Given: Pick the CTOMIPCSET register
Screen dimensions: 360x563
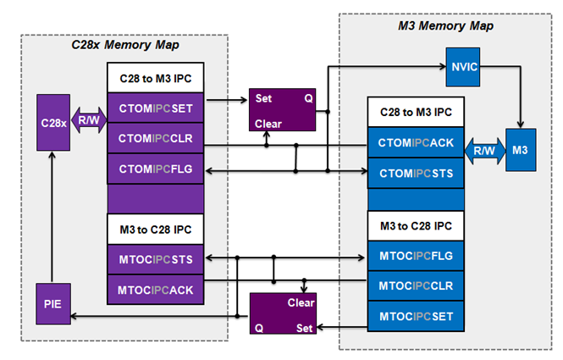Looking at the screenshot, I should pyautogui.click(x=156, y=108).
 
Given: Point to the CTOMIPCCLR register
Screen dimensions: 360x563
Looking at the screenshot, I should pyautogui.click(x=156, y=138).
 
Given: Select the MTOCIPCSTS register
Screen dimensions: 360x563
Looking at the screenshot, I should pyautogui.click(x=156, y=258).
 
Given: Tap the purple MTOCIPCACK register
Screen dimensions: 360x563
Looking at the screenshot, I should pyautogui.click(x=156, y=289).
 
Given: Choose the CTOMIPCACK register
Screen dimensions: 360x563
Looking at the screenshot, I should pyautogui.click(x=417, y=143).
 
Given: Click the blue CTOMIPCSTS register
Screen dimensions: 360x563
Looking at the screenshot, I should pyautogui.click(x=417, y=173).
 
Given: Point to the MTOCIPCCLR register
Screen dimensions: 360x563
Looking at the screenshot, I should pyautogui.click(x=417, y=285).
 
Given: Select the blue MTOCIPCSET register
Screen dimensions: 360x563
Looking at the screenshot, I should pyautogui.click(x=417, y=316).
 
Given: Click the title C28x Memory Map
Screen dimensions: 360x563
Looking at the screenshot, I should pyautogui.click(x=124, y=44).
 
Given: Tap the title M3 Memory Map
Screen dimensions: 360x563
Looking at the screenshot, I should pyautogui.click(x=446, y=25).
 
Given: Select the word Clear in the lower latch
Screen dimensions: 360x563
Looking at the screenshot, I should pyautogui.click(x=301, y=302).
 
